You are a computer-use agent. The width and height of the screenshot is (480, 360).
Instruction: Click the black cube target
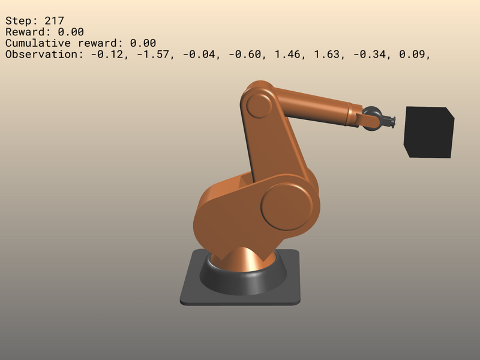pos(428,132)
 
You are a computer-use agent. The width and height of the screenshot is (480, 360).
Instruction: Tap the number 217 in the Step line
pos(54,20)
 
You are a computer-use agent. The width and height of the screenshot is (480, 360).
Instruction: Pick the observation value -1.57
pos(158,55)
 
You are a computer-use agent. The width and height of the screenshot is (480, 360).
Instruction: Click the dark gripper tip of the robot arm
pos(391,122)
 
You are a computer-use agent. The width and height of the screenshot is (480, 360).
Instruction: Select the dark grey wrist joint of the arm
pos(372,116)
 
